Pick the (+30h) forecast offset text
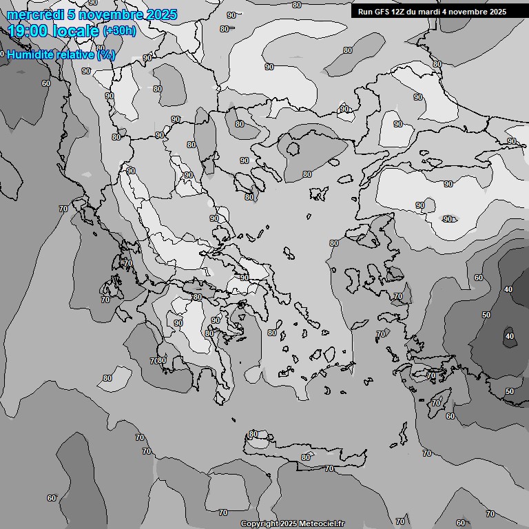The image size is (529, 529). click(x=119, y=32)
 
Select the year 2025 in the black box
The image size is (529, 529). click(x=497, y=12)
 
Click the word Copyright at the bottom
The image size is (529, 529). click(x=259, y=524)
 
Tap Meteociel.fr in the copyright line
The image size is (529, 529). click(x=322, y=524)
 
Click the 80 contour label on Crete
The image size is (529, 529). click(x=306, y=457)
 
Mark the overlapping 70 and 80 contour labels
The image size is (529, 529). click(x=158, y=361)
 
